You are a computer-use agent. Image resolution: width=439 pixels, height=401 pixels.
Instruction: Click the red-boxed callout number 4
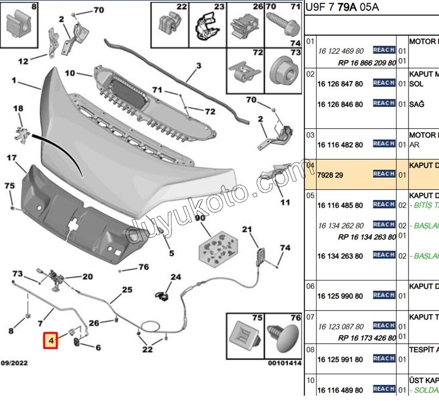[x=51, y=341]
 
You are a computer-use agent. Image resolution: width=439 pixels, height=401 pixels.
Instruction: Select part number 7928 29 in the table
[x=330, y=175]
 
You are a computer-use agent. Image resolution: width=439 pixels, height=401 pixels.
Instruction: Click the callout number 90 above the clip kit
[x=200, y=219]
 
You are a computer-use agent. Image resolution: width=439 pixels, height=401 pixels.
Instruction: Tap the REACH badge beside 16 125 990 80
[x=384, y=295]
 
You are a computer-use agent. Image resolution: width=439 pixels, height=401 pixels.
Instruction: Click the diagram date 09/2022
[x=14, y=363]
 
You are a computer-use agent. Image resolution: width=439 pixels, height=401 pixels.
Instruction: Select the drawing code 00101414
[x=284, y=363]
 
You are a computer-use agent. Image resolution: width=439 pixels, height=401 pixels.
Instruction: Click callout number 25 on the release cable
[x=127, y=290]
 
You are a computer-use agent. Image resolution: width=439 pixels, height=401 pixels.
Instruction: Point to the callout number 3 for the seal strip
[x=198, y=66]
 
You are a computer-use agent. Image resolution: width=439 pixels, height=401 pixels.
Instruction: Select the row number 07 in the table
[x=310, y=316]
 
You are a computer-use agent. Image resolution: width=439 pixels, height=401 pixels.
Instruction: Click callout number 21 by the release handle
[x=246, y=229]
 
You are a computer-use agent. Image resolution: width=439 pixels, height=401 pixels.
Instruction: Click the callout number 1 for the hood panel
[x=14, y=81]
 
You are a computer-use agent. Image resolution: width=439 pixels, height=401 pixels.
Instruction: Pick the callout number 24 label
[x=176, y=277]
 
